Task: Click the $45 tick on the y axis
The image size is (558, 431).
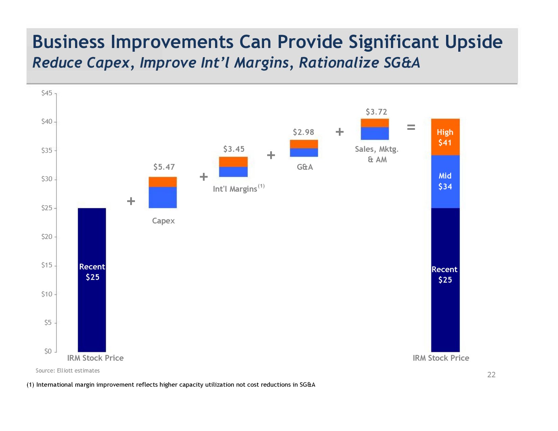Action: point(47,93)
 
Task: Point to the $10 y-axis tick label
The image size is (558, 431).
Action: point(47,294)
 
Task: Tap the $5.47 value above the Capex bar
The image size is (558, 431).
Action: point(164,167)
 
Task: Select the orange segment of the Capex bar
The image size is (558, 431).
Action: point(163,182)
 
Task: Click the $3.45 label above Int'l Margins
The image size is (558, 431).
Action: point(234,149)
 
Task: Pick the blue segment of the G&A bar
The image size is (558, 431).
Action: point(304,152)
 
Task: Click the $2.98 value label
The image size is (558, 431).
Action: point(303,132)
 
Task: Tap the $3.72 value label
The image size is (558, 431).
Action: point(376,112)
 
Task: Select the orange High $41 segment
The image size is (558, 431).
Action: point(445,137)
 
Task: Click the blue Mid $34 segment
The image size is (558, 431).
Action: point(445,182)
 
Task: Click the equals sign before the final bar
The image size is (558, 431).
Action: point(411,127)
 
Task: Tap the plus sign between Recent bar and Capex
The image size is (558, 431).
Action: point(131,201)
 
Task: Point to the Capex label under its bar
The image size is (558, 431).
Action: point(163,221)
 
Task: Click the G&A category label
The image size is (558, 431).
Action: point(305,167)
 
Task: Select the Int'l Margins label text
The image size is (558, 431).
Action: point(235,189)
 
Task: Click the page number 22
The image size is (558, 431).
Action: point(491,375)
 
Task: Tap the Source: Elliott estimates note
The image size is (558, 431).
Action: point(68,370)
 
